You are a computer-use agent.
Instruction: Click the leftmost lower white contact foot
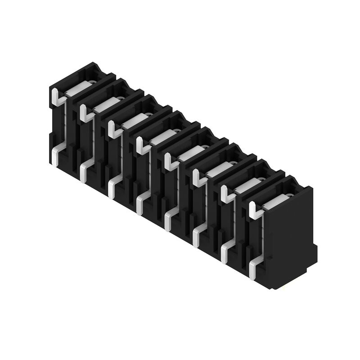click(54, 155)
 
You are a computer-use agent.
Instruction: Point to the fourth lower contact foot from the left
click(139, 202)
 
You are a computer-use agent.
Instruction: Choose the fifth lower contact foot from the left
click(168, 218)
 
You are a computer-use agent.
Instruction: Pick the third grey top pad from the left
click(133, 122)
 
